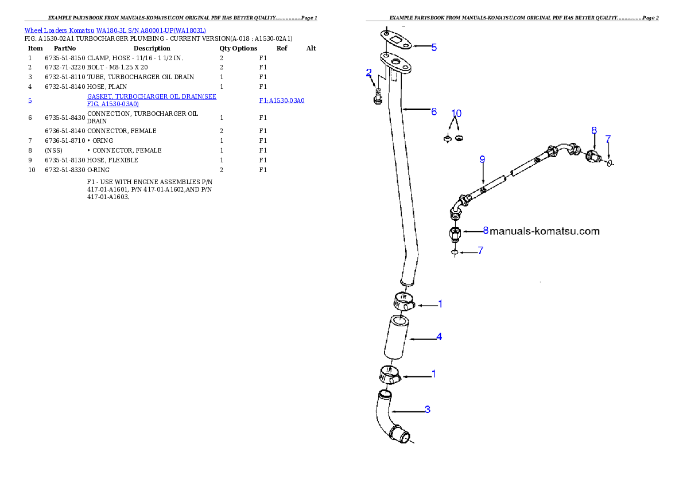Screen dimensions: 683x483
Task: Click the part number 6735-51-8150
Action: [x=65, y=58]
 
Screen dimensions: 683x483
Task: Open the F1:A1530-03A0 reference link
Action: [x=282, y=100]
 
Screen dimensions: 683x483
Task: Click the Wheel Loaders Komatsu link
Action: [x=59, y=30]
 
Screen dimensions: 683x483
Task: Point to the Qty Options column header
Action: [x=238, y=48]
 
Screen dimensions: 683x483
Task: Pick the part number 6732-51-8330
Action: [x=65, y=170]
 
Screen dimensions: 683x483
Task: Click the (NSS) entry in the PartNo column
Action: [x=53, y=150]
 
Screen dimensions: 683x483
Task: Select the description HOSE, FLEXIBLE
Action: [x=113, y=160]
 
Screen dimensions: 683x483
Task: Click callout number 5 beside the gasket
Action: [x=434, y=47]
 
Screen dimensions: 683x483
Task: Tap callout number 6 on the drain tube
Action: [x=434, y=111]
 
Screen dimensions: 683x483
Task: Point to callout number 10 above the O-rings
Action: [x=456, y=113]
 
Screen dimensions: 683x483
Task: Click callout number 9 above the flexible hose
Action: [x=482, y=159]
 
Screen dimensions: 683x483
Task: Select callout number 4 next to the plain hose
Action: [x=439, y=337]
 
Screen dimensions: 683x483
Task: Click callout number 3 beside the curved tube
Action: [x=428, y=410]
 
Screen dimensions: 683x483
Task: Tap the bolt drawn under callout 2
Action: [x=378, y=97]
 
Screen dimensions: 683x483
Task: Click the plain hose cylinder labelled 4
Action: [x=397, y=337]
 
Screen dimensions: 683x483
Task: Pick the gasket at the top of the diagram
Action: [x=396, y=41]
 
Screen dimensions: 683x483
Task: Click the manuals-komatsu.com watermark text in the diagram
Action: [x=545, y=231]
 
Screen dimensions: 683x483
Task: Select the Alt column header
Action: [x=311, y=48]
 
